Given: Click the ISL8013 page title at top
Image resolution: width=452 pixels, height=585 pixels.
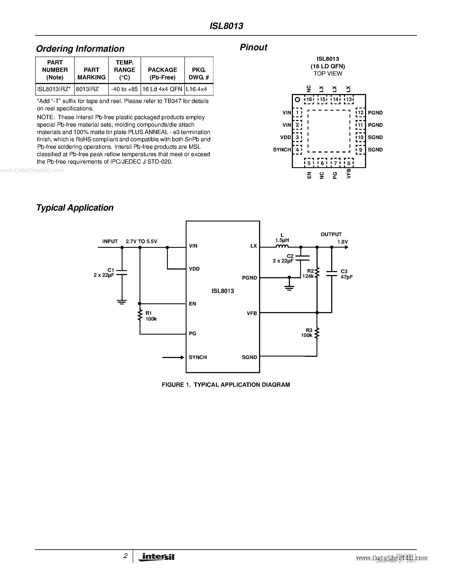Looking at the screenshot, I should click(226, 26).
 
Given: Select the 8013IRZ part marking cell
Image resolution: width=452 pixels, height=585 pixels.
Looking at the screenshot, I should click(87, 89).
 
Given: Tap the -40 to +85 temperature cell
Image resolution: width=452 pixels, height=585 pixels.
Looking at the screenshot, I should click(124, 89).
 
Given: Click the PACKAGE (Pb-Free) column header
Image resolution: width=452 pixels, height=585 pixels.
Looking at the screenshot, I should click(163, 73).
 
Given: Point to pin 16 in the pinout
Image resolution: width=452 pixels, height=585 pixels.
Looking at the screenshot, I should click(309, 99).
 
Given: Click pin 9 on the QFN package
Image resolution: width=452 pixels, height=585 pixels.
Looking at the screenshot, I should click(360, 150).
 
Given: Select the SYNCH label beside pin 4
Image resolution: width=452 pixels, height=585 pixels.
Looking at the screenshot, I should click(282, 150).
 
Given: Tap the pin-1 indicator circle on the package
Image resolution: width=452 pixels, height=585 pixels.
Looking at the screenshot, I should click(297, 100).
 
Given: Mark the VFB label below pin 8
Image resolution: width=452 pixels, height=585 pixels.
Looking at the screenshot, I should click(349, 173).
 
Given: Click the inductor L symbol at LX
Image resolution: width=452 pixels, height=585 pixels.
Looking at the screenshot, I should click(282, 246).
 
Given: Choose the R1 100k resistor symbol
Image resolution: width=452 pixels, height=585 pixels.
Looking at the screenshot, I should click(140, 315).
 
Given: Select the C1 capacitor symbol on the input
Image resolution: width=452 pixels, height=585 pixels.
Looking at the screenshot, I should click(122, 273).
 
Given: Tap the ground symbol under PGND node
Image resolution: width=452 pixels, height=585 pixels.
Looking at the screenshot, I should click(289, 287).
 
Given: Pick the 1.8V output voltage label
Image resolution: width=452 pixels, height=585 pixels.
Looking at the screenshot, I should click(342, 242).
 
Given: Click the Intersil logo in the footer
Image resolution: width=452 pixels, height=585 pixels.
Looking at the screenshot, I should click(157, 557).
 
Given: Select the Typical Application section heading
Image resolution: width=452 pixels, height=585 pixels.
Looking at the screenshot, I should click(75, 208).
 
